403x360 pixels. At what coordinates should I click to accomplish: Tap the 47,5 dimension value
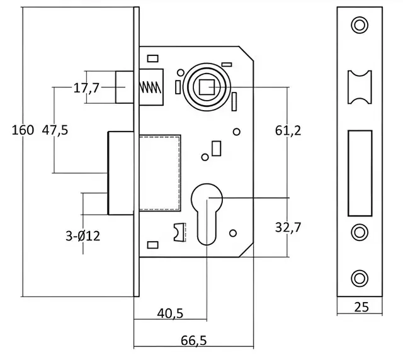click(55, 130)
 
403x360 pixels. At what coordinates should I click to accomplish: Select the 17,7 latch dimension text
click(86, 88)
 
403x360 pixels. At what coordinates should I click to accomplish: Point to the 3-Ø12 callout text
click(83, 237)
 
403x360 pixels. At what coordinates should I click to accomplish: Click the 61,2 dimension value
click(288, 130)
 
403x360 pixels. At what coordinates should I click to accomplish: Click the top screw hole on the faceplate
click(360, 25)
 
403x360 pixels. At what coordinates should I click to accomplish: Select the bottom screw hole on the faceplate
click(360, 277)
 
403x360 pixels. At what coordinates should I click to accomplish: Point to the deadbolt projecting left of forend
click(120, 172)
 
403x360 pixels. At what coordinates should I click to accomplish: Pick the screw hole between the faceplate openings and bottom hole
click(360, 232)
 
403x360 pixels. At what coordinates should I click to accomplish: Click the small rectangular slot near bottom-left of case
click(152, 244)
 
